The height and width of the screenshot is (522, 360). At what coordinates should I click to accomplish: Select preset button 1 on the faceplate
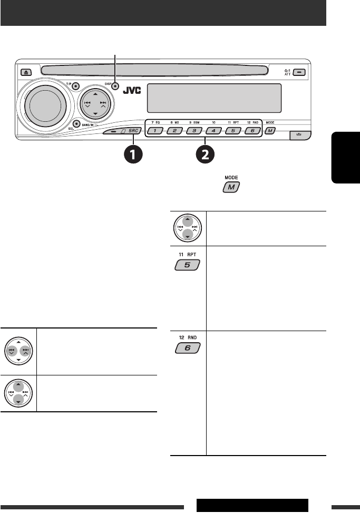click(x=155, y=131)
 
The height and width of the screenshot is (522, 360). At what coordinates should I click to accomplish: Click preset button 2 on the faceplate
click(x=174, y=131)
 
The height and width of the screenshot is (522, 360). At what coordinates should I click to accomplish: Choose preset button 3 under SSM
click(x=194, y=131)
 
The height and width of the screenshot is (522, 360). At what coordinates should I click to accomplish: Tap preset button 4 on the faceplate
click(x=213, y=131)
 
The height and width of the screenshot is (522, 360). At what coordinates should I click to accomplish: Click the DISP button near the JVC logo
click(x=114, y=85)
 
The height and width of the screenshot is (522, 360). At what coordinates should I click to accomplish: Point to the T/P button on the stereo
click(x=76, y=86)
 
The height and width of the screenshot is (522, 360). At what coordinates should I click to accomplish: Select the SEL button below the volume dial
click(x=76, y=124)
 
